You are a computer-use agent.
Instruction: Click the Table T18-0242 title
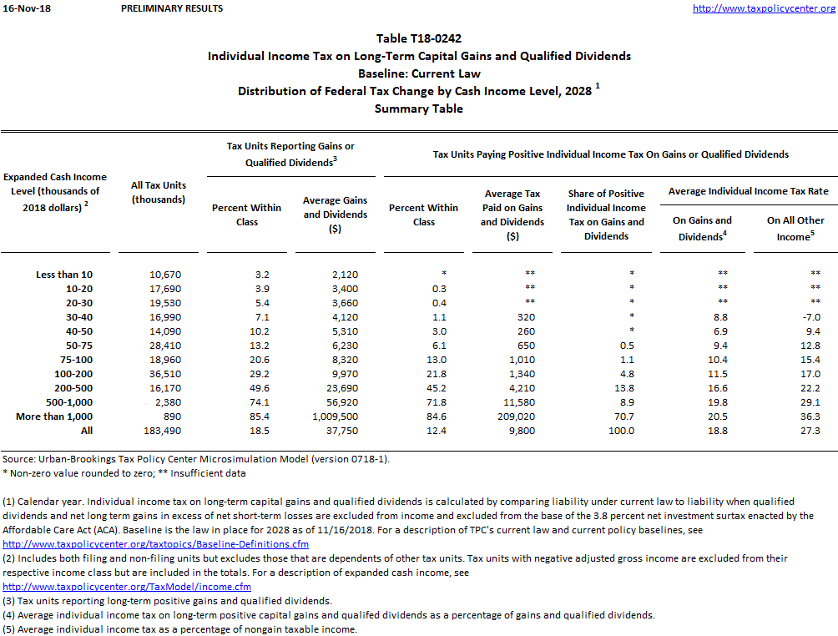coord(418,38)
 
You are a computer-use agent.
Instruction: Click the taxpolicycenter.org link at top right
coord(765,8)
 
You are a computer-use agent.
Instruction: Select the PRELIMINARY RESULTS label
coord(172,8)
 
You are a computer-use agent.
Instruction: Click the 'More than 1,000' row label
coord(54,416)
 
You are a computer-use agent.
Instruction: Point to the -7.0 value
coord(810,316)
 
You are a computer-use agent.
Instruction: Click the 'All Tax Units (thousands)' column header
coord(159,192)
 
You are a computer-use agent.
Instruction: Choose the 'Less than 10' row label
coord(64,274)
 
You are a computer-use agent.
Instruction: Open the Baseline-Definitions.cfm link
coord(156,543)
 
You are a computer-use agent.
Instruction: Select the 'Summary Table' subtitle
coord(418,109)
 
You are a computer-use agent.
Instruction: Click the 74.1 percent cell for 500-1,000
coord(246,401)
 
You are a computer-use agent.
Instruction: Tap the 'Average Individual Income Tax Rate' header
coord(748,191)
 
